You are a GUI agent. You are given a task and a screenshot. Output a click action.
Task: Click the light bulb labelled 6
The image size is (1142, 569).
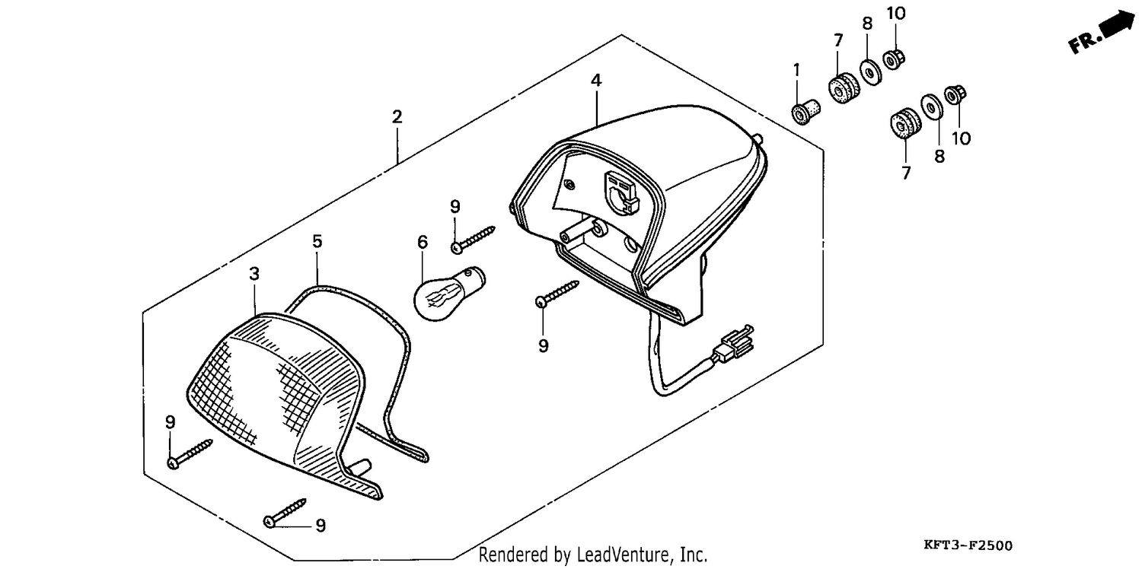448,294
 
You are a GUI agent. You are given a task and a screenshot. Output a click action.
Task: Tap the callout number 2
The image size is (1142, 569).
397,117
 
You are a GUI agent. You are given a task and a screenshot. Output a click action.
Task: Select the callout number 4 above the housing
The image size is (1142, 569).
596,80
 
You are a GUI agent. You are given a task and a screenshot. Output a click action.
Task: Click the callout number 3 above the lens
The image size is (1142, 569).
254,274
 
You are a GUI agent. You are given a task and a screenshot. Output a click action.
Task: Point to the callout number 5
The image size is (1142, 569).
317,241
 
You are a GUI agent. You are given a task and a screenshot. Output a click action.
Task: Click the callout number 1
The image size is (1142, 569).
796,69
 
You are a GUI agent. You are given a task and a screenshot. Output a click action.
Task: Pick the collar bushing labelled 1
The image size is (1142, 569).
806,112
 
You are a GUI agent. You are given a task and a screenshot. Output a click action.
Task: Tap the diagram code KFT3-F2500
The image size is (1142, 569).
968,545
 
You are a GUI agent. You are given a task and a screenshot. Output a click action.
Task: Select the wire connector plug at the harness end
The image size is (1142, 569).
732,343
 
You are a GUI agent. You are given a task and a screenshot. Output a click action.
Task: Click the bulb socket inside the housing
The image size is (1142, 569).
621,192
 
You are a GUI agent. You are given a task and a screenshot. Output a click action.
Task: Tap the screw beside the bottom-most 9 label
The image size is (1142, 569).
285,513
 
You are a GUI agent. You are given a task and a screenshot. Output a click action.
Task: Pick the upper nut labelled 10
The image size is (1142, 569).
893,59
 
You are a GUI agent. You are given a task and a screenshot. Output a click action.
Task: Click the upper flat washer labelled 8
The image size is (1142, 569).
870,72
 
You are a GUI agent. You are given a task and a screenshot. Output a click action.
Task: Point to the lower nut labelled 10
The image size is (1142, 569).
955,95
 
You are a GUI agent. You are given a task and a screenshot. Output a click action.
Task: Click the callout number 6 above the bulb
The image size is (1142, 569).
422,243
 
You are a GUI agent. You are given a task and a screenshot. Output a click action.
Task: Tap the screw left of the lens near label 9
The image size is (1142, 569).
190,454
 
